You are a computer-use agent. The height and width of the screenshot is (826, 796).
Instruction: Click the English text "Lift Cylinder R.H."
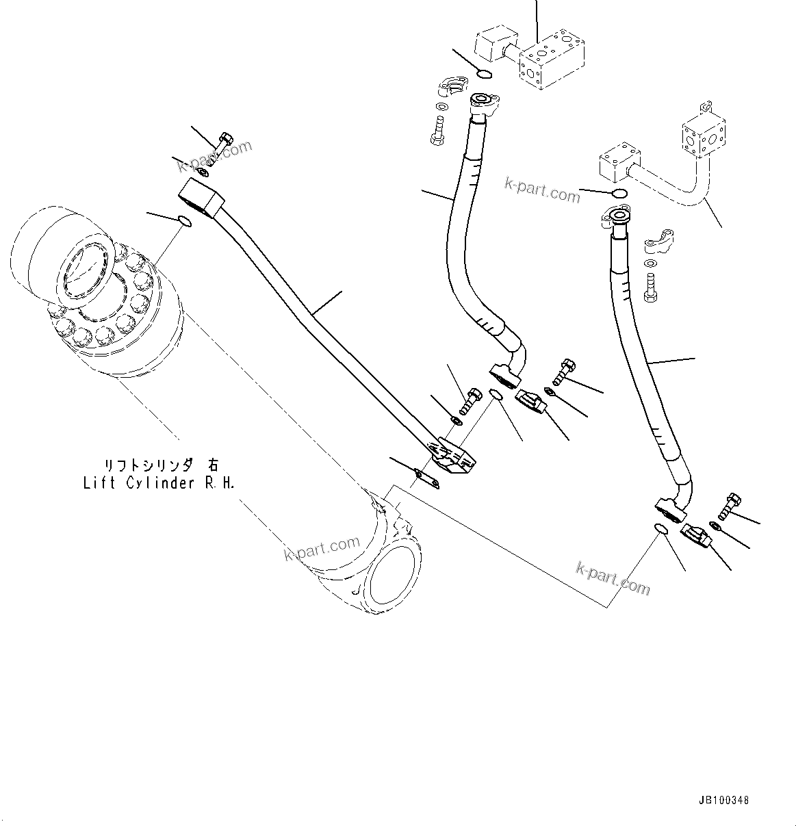point(159,484)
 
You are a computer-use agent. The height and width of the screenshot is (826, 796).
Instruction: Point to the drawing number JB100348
point(724,800)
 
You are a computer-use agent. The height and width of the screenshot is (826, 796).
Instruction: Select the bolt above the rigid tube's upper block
point(223,144)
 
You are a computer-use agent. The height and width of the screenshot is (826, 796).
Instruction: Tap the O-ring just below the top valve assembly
point(483,74)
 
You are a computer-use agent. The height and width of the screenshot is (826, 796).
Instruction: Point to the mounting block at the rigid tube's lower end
point(452,459)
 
